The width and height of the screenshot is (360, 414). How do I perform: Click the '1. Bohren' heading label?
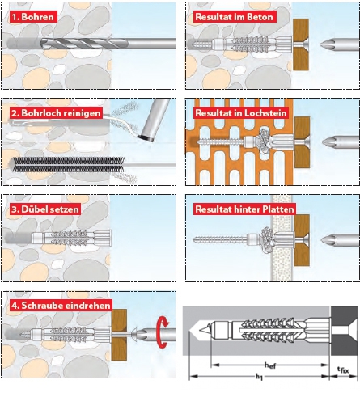pos(34,17)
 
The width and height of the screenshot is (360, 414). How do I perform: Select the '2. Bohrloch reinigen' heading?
pos(57,113)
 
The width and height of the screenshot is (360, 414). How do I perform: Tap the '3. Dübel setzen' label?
pos(45,209)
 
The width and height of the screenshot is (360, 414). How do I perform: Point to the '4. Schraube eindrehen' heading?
pos(61,306)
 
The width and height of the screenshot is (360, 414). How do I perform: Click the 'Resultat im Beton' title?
pos(235,17)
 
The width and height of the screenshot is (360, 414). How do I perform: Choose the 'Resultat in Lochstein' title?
pos(241,113)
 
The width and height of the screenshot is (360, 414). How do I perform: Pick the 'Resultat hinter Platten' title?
pos(244,209)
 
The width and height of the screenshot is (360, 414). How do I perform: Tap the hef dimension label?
pos(270,365)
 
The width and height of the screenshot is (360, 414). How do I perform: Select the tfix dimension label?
pos(343,370)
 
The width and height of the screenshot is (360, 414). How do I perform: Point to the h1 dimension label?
pos(259,377)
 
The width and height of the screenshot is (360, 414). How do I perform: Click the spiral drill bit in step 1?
pos(83,44)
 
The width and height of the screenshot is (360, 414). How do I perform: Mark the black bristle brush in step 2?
pos(67,164)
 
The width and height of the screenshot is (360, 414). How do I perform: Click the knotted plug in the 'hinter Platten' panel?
pos(266,239)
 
